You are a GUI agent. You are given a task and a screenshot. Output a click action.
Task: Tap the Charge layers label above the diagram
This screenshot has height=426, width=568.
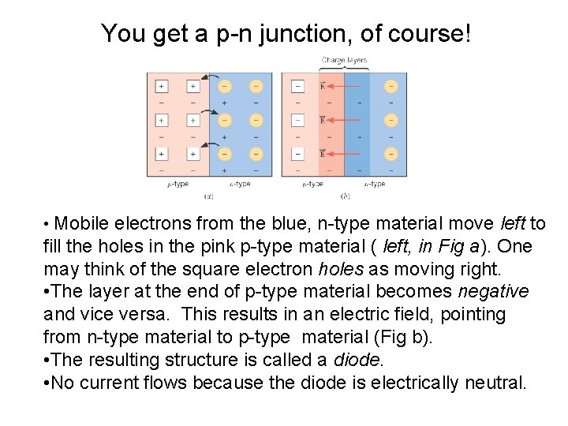pyautogui.click(x=344, y=61)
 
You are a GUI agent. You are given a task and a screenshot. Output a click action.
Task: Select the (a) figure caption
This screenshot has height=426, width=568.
pyautogui.click(x=209, y=196)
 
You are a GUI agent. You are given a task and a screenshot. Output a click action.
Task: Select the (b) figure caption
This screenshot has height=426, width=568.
pyautogui.click(x=345, y=196)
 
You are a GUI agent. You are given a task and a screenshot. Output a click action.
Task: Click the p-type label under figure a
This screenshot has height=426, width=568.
pyautogui.click(x=177, y=185)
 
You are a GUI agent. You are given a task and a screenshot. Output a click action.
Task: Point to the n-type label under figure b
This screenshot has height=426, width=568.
pyautogui.click(x=375, y=185)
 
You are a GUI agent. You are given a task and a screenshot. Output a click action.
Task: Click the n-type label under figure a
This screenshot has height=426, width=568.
pyautogui.click(x=240, y=185)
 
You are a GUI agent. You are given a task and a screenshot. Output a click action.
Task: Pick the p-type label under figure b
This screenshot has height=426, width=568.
pyautogui.click(x=312, y=185)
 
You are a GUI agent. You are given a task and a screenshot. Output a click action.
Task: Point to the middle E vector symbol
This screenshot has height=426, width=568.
pyautogui.click(x=322, y=120)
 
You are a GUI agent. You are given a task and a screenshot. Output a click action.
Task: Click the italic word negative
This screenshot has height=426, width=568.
pyautogui.click(x=493, y=292)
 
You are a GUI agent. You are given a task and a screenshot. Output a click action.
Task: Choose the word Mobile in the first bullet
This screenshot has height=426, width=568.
pyautogui.click(x=82, y=224)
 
